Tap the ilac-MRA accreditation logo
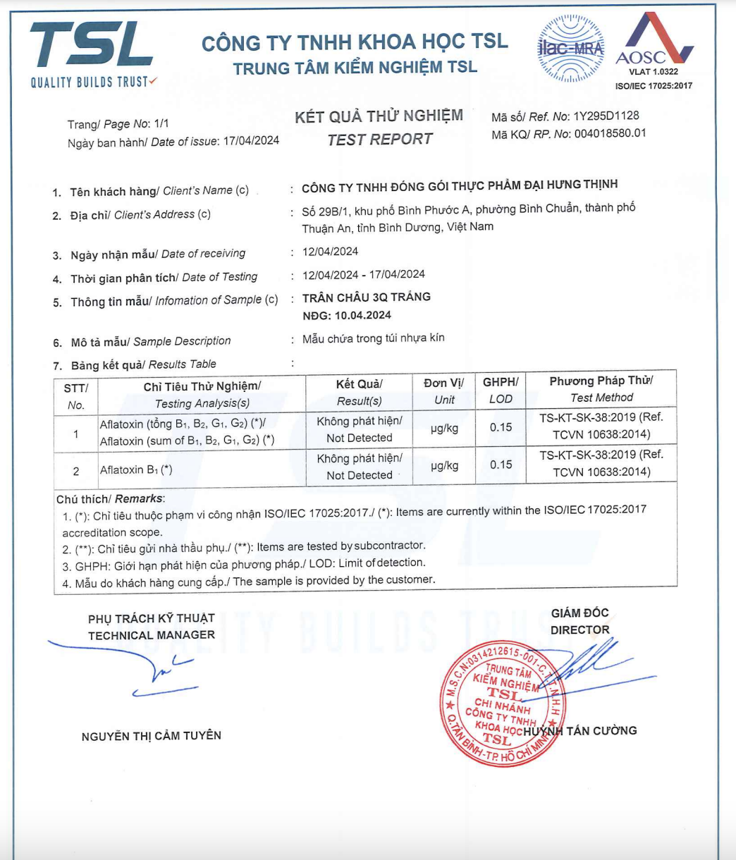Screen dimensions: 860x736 pos(570,49)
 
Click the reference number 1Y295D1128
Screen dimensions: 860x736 pos(606,116)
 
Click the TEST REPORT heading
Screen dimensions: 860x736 pos(379,140)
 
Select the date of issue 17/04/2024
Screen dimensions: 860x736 pos(251,141)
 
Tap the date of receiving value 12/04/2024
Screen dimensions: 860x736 pos(330,252)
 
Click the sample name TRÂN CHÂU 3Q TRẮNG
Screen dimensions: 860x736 pos(366,297)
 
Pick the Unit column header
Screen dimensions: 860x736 pos(444,391)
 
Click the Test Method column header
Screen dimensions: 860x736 pos(601,389)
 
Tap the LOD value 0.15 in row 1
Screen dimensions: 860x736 pos(501,427)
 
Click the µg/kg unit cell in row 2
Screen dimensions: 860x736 pos(444,465)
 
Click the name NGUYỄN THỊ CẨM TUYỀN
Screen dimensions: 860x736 pos(152,736)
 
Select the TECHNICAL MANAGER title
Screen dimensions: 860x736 pos(152,635)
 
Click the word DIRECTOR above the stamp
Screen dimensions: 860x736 pos(579,630)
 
